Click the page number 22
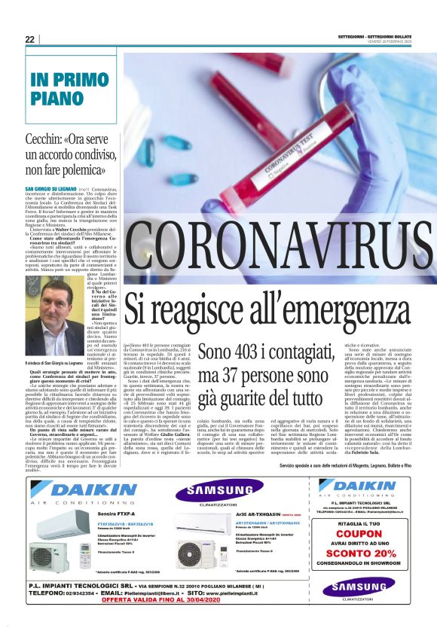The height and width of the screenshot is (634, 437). coord(29,40)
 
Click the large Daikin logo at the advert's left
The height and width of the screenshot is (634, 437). coord(86,490)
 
